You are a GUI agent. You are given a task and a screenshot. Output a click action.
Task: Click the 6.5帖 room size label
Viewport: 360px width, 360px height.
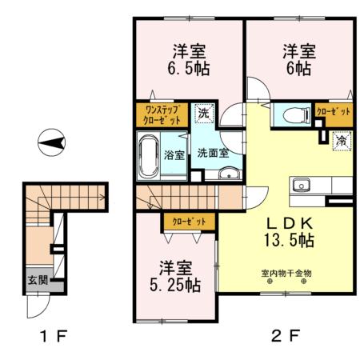click(x=189, y=69)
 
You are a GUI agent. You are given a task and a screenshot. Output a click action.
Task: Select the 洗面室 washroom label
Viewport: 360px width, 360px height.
click(x=214, y=151)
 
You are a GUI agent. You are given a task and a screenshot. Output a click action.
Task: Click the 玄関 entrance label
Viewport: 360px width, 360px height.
click(x=28, y=280)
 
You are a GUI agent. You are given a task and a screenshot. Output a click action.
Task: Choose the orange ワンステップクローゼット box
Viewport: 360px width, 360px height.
click(x=162, y=114)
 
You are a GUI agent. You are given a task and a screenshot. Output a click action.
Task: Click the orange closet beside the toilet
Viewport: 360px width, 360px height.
click(x=331, y=112)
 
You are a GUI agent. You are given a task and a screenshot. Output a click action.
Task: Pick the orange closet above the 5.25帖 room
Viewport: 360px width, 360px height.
click(x=188, y=222)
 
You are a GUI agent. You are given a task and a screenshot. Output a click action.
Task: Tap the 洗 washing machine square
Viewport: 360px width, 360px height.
click(x=203, y=114)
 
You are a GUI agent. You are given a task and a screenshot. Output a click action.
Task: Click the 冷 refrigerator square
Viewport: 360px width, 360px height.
click(x=342, y=142)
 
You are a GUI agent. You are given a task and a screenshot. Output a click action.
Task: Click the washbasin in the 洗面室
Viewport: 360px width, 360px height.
click(x=229, y=174)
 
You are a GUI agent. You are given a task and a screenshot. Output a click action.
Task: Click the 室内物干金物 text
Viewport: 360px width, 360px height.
click(x=286, y=273)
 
